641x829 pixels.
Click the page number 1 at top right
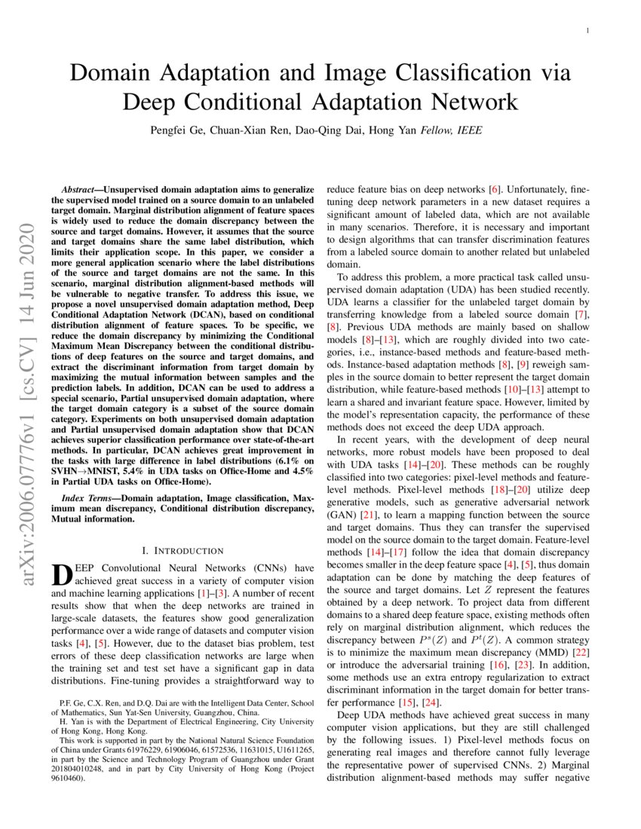point(587,30)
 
